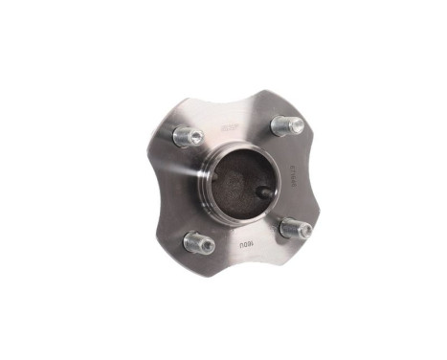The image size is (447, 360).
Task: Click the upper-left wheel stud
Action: point(188,137)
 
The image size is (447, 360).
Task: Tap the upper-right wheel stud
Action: point(287,125)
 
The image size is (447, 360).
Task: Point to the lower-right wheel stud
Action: point(297,228)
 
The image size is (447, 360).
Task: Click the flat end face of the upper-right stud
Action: point(293,126)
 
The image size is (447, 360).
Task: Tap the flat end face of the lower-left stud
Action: point(204,245)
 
